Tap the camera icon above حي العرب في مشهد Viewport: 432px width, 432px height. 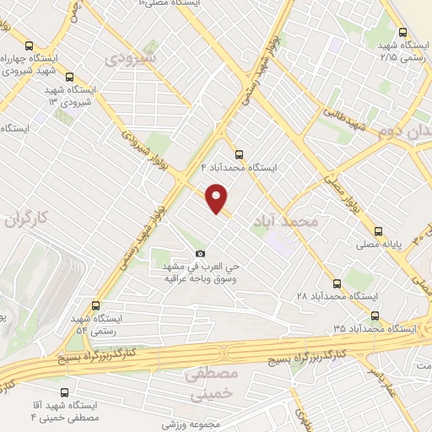coord(200,253)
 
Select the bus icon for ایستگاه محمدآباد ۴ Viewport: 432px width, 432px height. coord(239,154)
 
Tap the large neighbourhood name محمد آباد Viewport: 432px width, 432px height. coord(286,221)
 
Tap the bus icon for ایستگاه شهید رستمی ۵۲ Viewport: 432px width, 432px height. coord(93,305)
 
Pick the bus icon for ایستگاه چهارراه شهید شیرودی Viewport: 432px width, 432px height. coord(30,46)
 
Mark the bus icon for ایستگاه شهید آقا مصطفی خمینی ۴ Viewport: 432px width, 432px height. coord(65,392)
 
